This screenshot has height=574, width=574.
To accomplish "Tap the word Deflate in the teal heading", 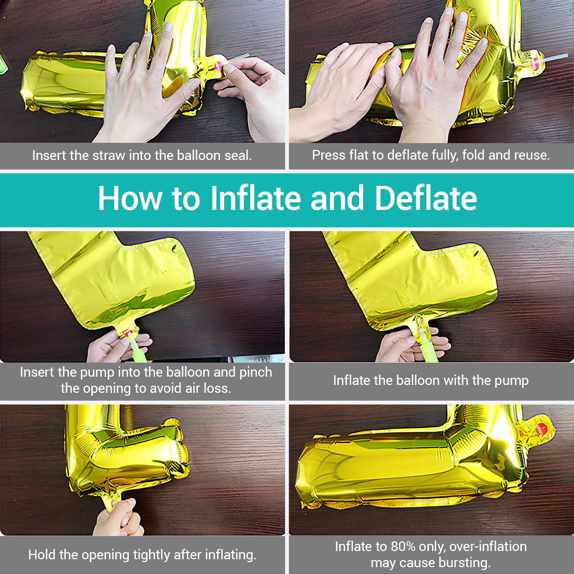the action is [x=426, y=198].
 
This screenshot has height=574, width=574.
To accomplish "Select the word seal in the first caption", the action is [x=238, y=155].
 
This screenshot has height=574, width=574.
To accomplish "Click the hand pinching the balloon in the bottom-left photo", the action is [x=118, y=517].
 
